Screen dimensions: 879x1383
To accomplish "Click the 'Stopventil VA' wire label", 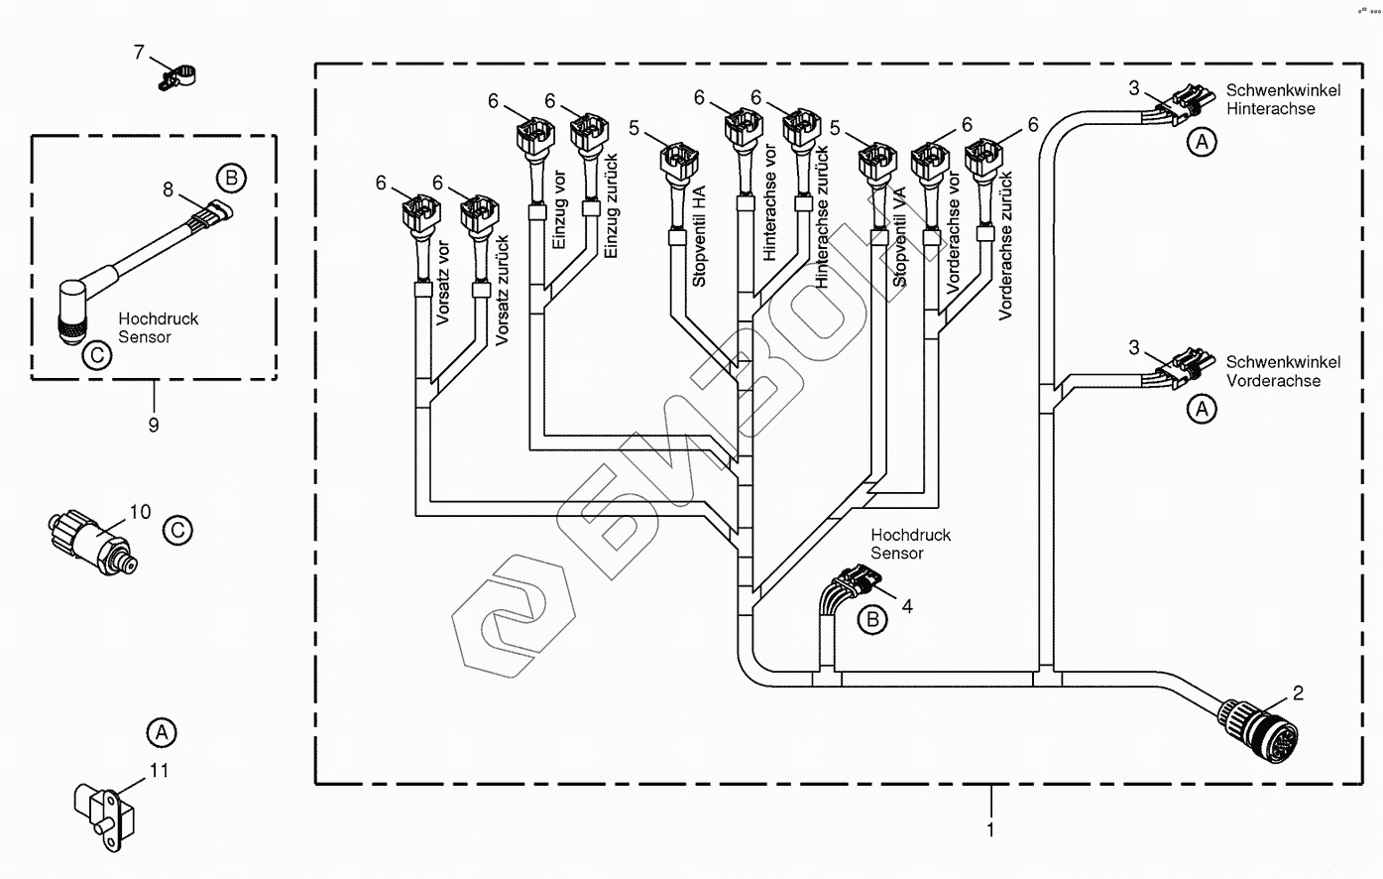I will [x=899, y=238].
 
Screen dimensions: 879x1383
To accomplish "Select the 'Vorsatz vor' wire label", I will [x=442, y=284].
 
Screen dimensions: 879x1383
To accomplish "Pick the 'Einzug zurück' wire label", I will [x=611, y=206].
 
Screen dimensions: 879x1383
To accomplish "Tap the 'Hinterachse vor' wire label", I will [x=770, y=202].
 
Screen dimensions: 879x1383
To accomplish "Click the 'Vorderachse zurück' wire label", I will [x=1005, y=245].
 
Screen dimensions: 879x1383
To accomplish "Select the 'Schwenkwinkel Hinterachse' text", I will [x=1283, y=99].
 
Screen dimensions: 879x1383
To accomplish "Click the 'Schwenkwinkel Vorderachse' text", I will [x=1283, y=371].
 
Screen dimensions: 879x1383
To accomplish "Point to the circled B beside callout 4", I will [x=872, y=620].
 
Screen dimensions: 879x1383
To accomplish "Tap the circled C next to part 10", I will [x=177, y=530].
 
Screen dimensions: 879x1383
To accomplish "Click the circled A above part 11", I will [x=161, y=733].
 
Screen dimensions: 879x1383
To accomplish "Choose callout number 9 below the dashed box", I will [x=154, y=425].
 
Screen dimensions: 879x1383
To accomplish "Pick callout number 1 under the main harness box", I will [x=990, y=829].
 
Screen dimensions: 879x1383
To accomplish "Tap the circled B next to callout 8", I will [x=231, y=179].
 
